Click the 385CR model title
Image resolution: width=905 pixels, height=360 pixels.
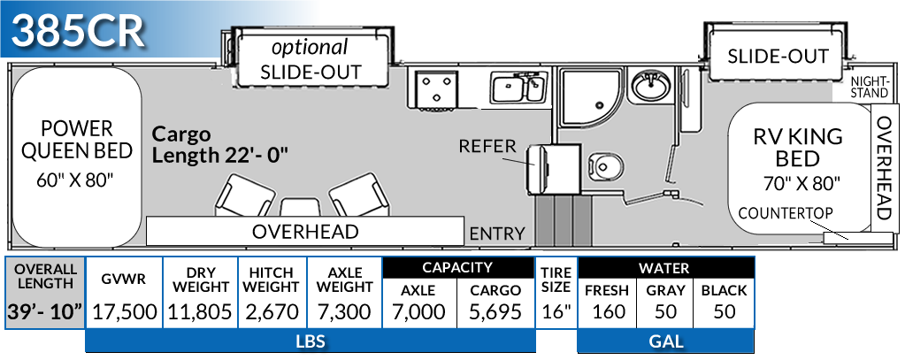(79, 32)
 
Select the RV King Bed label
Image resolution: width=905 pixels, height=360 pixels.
(797, 149)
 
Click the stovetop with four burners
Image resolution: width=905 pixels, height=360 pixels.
(433, 88)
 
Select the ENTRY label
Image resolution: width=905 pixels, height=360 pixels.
(496, 234)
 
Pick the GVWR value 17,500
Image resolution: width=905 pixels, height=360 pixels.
(124, 311)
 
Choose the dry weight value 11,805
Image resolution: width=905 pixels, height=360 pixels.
(201, 311)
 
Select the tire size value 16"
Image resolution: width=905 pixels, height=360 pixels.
(556, 311)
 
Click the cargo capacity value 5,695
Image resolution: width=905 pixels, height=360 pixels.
(496, 311)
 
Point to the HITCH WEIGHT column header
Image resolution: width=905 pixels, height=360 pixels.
(272, 279)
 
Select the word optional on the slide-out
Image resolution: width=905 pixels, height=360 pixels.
(310, 47)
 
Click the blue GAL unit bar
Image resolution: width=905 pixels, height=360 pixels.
(665, 341)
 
